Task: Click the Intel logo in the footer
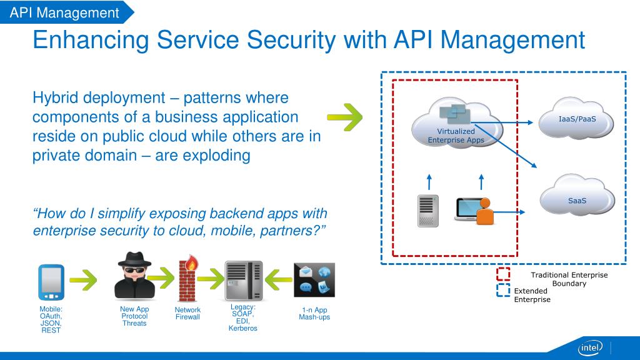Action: click(x=590, y=347)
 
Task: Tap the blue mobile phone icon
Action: click(x=51, y=282)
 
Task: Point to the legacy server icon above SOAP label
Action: click(x=243, y=281)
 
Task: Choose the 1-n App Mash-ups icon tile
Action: click(x=314, y=279)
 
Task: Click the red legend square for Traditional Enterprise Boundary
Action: click(x=503, y=274)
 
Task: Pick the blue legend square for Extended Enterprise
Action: click(x=503, y=290)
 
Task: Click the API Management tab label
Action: click(x=64, y=12)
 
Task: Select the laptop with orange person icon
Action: click(x=475, y=211)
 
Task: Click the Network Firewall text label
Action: click(x=187, y=313)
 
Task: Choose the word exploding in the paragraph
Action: click(x=216, y=156)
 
